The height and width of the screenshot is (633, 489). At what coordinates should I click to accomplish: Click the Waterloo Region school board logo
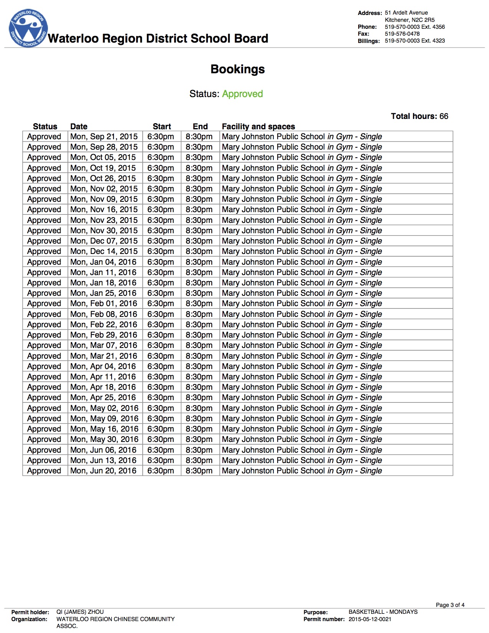click(28, 29)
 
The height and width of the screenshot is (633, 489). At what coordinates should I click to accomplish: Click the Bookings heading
click(237, 69)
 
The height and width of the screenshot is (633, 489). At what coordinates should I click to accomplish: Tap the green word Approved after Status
click(242, 94)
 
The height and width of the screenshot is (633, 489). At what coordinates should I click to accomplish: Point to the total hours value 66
click(444, 116)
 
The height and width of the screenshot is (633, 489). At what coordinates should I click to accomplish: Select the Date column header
click(79, 127)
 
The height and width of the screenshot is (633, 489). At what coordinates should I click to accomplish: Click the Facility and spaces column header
click(258, 127)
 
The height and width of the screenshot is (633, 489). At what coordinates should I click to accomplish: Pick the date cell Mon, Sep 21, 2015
click(104, 137)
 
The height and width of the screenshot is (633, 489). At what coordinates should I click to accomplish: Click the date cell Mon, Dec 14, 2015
click(104, 251)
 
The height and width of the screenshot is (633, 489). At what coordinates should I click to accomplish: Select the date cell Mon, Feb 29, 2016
click(104, 335)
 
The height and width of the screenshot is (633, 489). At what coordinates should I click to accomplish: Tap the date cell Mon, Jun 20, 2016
click(104, 471)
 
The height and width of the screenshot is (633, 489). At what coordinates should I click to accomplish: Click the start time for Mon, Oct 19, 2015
click(161, 168)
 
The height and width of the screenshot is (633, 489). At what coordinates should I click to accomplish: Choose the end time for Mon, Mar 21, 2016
click(199, 356)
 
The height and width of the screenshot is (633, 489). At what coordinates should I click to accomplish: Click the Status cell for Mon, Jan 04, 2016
click(44, 262)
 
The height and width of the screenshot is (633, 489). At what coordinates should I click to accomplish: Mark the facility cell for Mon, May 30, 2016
click(302, 439)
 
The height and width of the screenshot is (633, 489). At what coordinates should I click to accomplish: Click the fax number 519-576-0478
click(402, 34)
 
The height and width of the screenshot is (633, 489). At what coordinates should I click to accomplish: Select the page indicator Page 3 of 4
click(450, 605)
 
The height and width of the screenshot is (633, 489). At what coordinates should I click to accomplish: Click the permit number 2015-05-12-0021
click(370, 619)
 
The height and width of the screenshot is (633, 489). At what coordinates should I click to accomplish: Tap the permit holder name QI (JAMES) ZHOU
click(80, 612)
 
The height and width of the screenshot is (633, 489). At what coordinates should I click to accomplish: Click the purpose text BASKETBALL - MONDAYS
click(383, 612)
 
